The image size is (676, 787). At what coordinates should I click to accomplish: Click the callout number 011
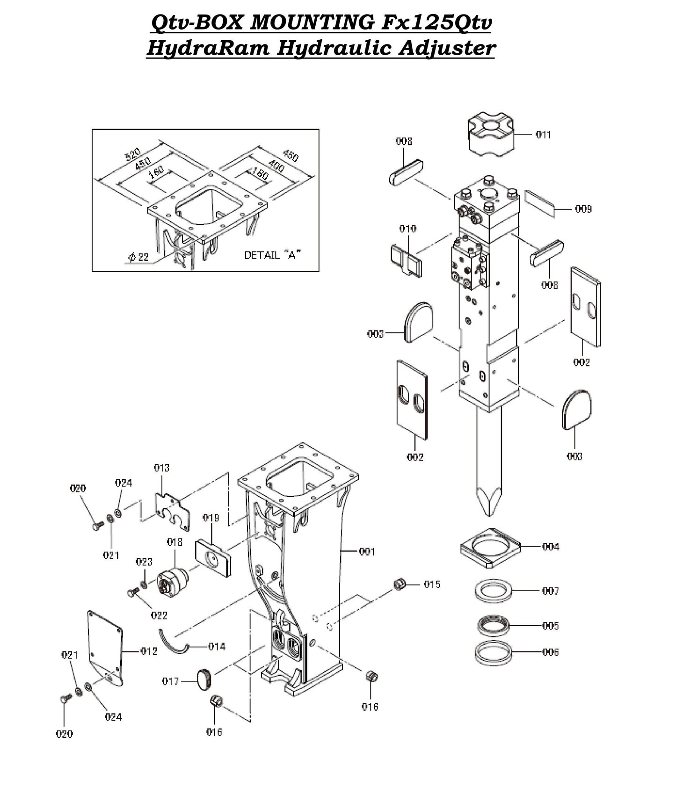point(543,135)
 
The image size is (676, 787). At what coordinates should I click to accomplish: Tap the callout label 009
point(583,209)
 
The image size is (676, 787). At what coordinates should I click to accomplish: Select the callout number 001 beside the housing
point(367,552)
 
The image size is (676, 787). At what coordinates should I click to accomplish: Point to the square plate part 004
point(490,548)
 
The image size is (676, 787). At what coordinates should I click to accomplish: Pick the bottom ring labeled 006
point(493,652)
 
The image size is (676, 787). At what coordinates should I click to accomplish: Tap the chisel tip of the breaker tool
point(488,500)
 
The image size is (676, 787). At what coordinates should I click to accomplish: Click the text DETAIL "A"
point(272,255)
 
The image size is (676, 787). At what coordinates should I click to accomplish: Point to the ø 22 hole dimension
point(138,257)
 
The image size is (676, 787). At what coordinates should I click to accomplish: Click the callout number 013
point(161,468)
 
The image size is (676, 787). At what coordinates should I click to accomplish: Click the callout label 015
point(431,585)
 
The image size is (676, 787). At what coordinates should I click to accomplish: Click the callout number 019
point(211,518)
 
